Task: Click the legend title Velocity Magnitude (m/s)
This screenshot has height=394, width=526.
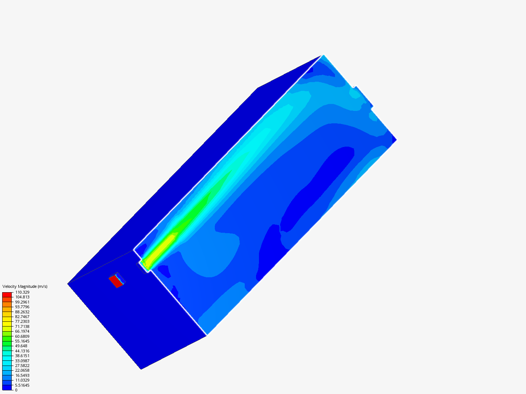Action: pyautogui.click(x=25, y=286)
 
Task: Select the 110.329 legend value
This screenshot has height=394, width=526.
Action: pyautogui.click(x=22, y=292)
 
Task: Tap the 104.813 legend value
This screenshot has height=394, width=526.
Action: pyautogui.click(x=22, y=297)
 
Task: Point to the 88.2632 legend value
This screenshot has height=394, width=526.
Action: pyautogui.click(x=22, y=312)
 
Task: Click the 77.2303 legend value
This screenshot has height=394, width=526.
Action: pyautogui.click(x=22, y=321)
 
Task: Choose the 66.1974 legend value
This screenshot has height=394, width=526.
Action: pyautogui.click(x=22, y=331)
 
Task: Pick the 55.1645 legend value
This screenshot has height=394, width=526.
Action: pyautogui.click(x=22, y=341)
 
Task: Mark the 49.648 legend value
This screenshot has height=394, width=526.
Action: pyautogui.click(x=21, y=346)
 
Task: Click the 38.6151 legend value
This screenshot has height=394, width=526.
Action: pyautogui.click(x=22, y=356)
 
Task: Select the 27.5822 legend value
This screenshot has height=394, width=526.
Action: pyautogui.click(x=22, y=366)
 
